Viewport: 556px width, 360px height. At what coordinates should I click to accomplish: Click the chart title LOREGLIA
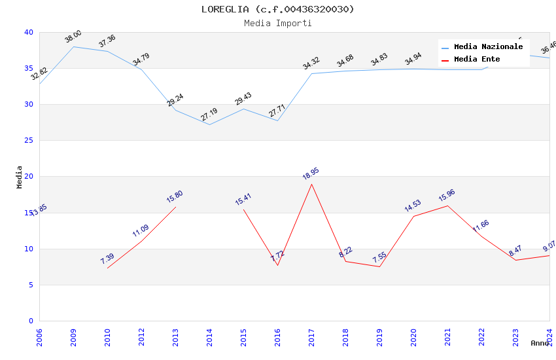click(277, 9)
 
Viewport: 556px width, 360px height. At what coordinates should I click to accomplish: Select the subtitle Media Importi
click(277, 23)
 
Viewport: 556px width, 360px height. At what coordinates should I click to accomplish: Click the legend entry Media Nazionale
click(488, 46)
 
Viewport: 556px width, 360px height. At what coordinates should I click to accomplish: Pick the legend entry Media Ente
click(477, 59)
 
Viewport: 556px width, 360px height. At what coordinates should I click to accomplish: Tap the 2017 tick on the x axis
click(311, 334)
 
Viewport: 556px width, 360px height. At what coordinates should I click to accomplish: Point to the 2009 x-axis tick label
click(73, 334)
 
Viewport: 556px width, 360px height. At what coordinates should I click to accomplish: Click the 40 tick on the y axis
click(28, 32)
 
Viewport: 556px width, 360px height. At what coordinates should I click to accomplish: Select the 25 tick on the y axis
click(28, 141)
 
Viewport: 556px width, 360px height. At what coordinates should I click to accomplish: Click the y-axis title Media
click(20, 177)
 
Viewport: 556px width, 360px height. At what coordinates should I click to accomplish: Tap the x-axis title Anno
click(540, 343)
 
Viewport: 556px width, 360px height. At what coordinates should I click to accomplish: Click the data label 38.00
click(73, 37)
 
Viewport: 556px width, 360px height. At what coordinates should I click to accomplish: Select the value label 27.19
click(209, 115)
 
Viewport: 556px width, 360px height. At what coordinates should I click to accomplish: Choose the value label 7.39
click(107, 259)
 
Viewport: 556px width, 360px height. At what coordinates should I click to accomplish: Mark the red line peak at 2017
click(311, 184)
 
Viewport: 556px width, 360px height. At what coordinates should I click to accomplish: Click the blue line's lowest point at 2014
click(209, 124)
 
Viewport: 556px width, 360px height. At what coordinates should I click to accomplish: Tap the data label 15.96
click(447, 195)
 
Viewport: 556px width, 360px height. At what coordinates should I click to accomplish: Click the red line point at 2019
click(379, 266)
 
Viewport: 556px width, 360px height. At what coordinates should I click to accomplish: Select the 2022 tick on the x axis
click(481, 334)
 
